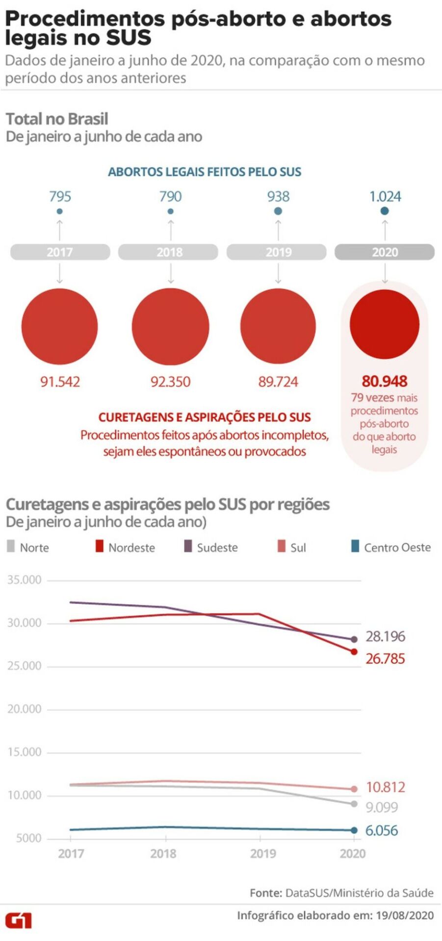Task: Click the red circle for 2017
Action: pyautogui.click(x=59, y=327)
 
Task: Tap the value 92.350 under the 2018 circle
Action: pyautogui.click(x=170, y=382)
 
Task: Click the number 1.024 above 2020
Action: pyautogui.click(x=385, y=197)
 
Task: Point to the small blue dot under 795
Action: pyautogui.click(x=60, y=211)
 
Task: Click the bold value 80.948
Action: pyautogui.click(x=385, y=381)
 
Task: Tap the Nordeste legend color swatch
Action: pyautogui.click(x=100, y=546)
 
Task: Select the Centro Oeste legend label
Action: pyautogui.click(x=397, y=547)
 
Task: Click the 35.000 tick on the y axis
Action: pyautogui.click(x=25, y=580)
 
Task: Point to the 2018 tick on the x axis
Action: pyautogui.click(x=163, y=854)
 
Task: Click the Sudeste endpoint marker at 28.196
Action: pyautogui.click(x=354, y=639)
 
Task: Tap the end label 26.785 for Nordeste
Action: pyautogui.click(x=385, y=659)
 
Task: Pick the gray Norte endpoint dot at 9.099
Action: pyautogui.click(x=354, y=804)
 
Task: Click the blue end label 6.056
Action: pyautogui.click(x=381, y=831)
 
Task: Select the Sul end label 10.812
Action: pyautogui.click(x=386, y=788)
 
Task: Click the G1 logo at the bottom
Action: pyautogui.click(x=19, y=920)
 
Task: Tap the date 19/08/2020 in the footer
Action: pyautogui.click(x=405, y=916)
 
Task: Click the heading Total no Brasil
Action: pyautogui.click(x=57, y=119)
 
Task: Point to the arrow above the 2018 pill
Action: pyautogui.click(x=171, y=229)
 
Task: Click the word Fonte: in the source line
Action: pyautogui.click(x=265, y=893)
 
